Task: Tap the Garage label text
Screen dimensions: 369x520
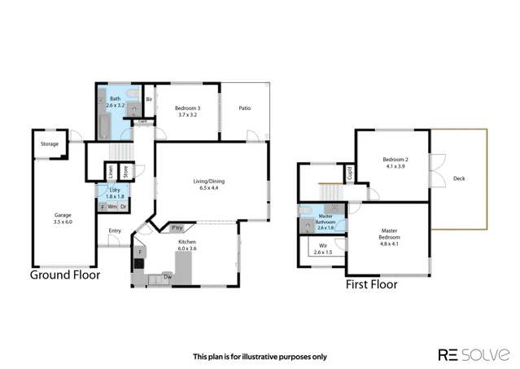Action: coord(62,216)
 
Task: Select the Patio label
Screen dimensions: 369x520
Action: coord(244,108)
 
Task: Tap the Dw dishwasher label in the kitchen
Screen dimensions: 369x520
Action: coord(167,276)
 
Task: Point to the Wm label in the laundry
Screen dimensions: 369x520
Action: coord(111,207)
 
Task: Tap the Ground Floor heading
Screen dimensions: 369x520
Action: coord(65,275)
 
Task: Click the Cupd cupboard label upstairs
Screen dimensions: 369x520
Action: coord(349,173)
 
